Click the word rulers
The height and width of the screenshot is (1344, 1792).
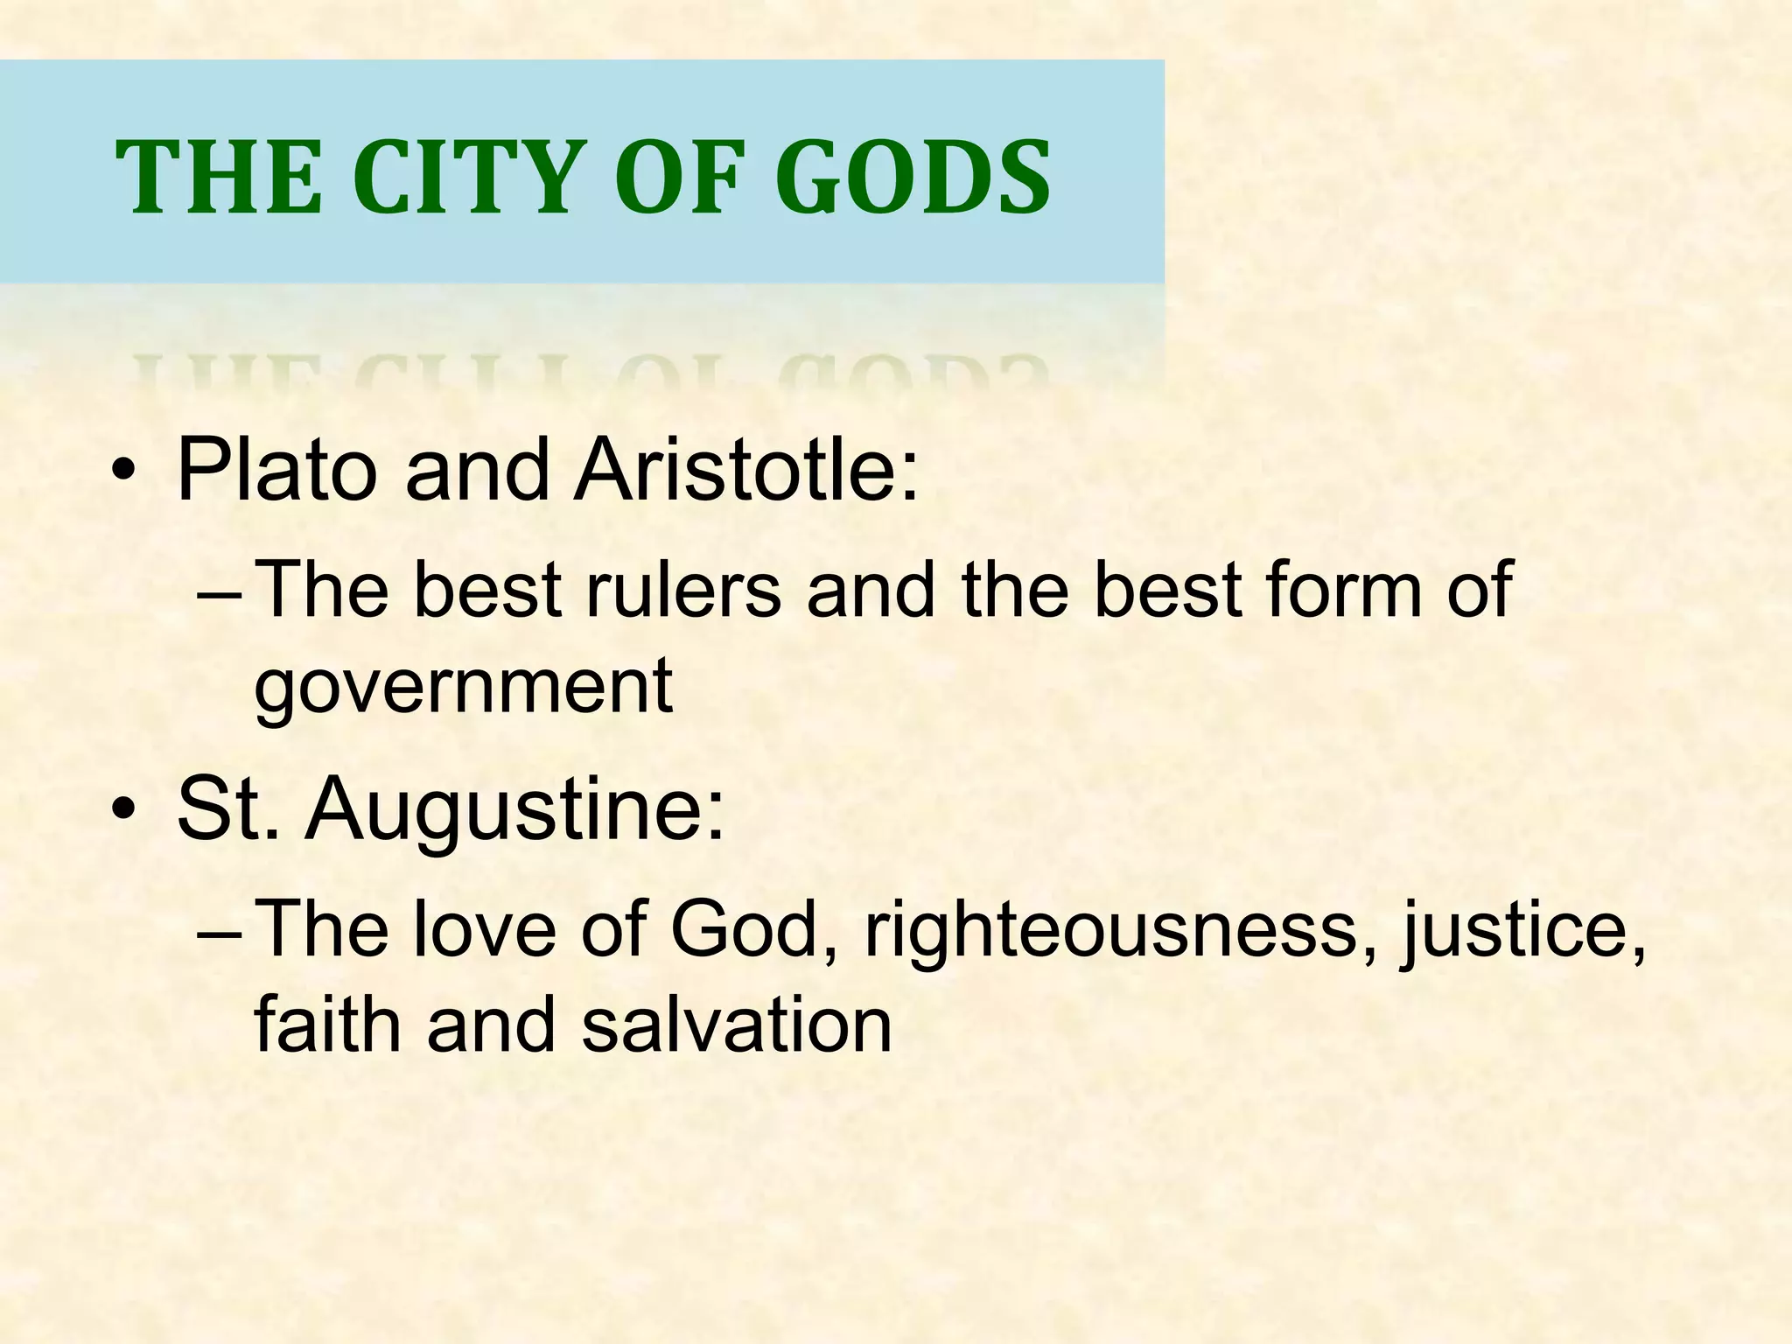(x=682, y=590)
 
